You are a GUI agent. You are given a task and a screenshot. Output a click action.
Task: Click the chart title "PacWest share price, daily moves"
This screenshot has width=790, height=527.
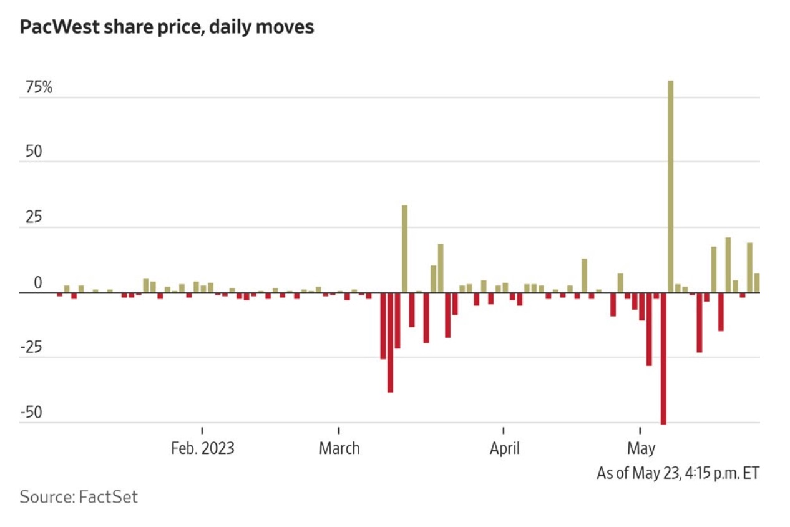[167, 28]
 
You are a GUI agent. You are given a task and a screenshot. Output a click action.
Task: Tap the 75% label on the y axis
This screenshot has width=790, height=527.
[39, 88]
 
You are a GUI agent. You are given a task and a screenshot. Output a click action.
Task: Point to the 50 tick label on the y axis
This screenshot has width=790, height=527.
[33, 153]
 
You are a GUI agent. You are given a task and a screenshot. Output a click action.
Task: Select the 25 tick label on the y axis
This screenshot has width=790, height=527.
[33, 218]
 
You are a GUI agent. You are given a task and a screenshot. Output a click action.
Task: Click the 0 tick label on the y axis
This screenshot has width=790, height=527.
[37, 283]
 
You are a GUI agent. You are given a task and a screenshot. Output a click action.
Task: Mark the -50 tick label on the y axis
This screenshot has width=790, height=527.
[31, 413]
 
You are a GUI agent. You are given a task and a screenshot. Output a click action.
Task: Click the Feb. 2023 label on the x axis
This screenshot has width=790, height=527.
[202, 448]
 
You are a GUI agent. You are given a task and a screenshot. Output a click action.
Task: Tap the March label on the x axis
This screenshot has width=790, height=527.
[339, 448]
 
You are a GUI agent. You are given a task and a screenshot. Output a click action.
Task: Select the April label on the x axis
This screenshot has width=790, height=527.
[504, 448]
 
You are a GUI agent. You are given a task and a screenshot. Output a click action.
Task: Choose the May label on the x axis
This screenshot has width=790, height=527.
[641, 448]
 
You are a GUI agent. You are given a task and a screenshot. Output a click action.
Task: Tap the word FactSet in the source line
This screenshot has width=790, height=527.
[107, 497]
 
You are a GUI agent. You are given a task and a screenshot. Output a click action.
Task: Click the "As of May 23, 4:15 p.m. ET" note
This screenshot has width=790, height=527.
[678, 473]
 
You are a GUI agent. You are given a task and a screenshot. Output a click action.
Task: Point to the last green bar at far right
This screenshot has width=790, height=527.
[756, 283]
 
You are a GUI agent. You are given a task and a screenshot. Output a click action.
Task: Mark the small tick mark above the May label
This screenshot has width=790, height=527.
[640, 430]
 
